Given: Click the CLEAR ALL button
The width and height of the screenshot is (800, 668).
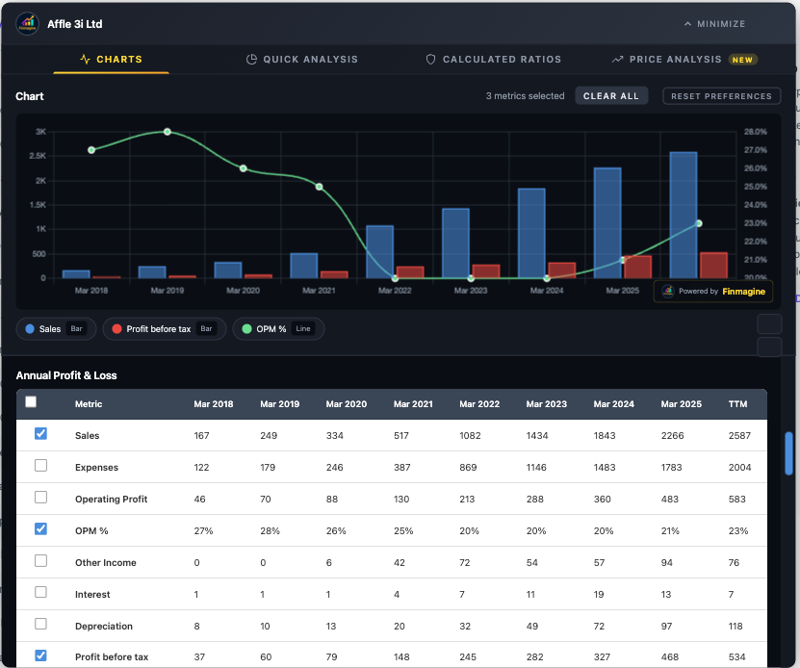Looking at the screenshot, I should [611, 96].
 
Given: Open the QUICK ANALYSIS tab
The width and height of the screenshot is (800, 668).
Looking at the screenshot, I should [302, 60].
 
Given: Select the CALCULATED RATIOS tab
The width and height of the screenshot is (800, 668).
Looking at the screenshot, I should [493, 60].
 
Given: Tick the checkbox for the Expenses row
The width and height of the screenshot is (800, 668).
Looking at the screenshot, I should [40, 466].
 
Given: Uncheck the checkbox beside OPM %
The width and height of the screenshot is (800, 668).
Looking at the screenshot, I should [40, 529].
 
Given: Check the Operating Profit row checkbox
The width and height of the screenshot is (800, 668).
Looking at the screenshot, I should [40, 498].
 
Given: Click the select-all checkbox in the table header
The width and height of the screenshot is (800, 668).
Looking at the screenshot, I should [31, 403].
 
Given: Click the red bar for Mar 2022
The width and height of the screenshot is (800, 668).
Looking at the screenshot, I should [410, 272].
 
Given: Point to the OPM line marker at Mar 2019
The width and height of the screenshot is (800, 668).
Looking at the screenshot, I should [167, 132].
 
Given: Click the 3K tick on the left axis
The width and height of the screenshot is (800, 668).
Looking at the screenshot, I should [40, 132].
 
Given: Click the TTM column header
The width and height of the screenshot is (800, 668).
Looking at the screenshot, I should [737, 404].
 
